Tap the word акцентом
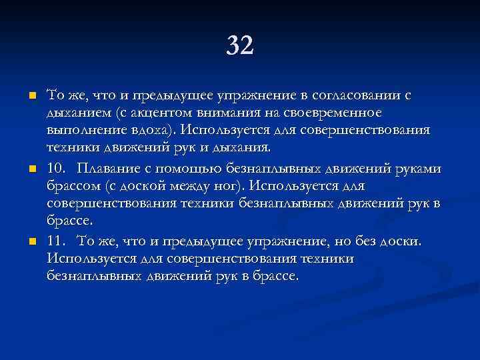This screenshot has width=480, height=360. [157, 113]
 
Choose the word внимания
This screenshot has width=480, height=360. [225, 113]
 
